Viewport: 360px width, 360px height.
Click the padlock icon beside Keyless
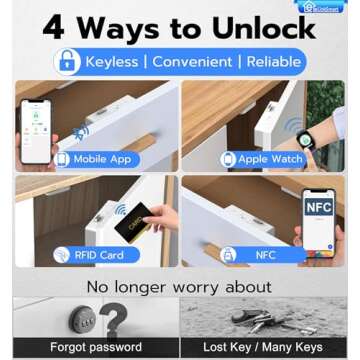tap(67, 62)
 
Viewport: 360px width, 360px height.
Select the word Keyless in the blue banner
tap(111, 62)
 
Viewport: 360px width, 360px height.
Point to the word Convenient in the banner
tap(193, 62)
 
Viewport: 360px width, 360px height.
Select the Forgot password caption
tap(96, 347)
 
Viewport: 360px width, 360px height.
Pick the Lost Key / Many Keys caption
tap(263, 347)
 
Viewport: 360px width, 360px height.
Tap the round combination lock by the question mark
tap(82, 321)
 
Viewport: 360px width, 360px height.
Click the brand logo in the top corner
tap(322, 6)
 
